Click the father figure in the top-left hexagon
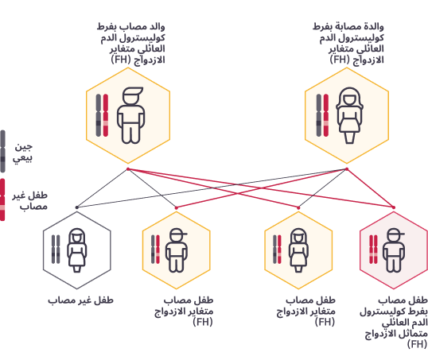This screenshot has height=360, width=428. point(130,115)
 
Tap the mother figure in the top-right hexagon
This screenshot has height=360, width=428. point(349,115)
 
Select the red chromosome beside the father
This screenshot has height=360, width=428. point(106,115)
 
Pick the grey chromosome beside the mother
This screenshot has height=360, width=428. point(318,115)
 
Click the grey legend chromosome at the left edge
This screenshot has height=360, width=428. point(2,151)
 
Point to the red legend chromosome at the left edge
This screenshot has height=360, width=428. point(2,199)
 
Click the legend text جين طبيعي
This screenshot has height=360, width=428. point(23,153)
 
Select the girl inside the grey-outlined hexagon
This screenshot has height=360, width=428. point(77,250)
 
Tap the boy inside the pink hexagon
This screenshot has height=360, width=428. point(393,250)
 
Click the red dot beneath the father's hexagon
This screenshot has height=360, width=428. point(128,169)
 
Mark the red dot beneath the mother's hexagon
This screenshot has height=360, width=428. point(347,169)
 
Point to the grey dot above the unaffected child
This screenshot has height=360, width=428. point(77,207)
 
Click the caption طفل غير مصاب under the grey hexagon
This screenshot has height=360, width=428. point(81,300)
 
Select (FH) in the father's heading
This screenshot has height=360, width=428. point(120,60)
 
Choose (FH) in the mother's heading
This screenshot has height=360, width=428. point(340,60)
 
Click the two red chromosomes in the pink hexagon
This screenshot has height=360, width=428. point(373,250)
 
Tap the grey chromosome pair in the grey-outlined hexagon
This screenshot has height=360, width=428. point(56,250)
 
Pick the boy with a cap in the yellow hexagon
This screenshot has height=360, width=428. point(177,250)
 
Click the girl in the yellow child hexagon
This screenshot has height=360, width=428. point(298,250)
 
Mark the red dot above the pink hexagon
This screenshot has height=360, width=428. point(393,207)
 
